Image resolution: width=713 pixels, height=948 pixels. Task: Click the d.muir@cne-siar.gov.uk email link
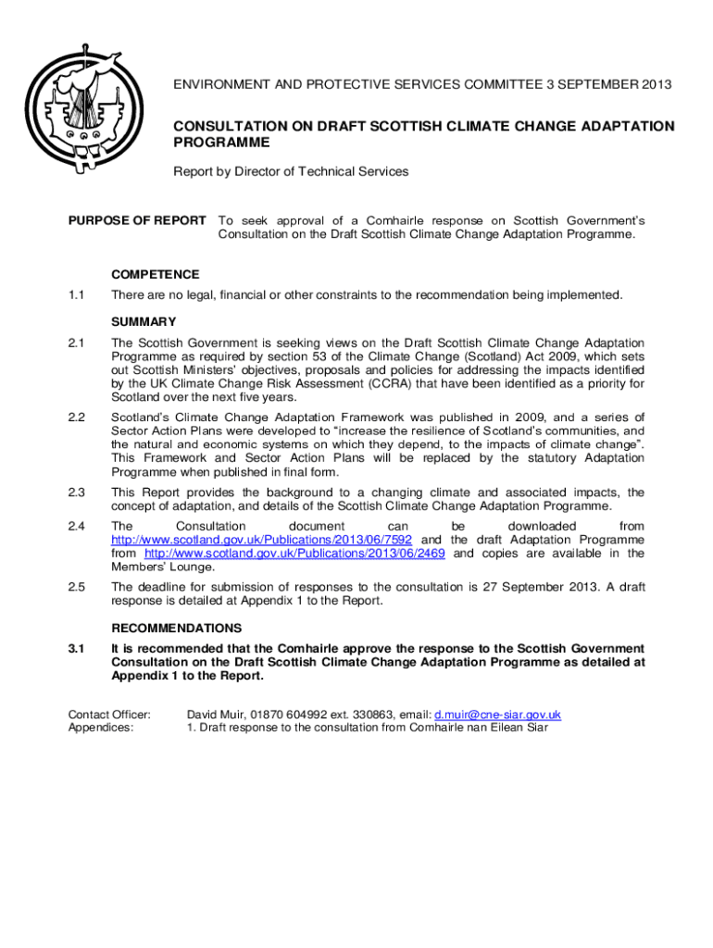497,715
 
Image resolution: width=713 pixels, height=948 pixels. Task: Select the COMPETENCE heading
155,274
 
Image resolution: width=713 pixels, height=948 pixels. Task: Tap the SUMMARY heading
144,322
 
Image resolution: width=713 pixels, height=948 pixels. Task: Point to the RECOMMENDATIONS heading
176,628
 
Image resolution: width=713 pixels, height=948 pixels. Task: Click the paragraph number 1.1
76,295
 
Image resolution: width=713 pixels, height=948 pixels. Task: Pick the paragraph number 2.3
76,493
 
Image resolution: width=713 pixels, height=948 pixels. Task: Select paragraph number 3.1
76,649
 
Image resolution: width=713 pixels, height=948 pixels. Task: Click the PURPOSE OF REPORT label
137,220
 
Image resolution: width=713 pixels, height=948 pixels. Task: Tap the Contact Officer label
109,715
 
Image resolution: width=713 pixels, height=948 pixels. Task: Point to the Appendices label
101,728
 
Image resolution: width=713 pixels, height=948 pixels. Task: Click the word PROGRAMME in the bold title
222,143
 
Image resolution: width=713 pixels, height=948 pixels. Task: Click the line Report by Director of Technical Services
291,171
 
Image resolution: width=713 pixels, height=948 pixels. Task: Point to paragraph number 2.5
76,587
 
